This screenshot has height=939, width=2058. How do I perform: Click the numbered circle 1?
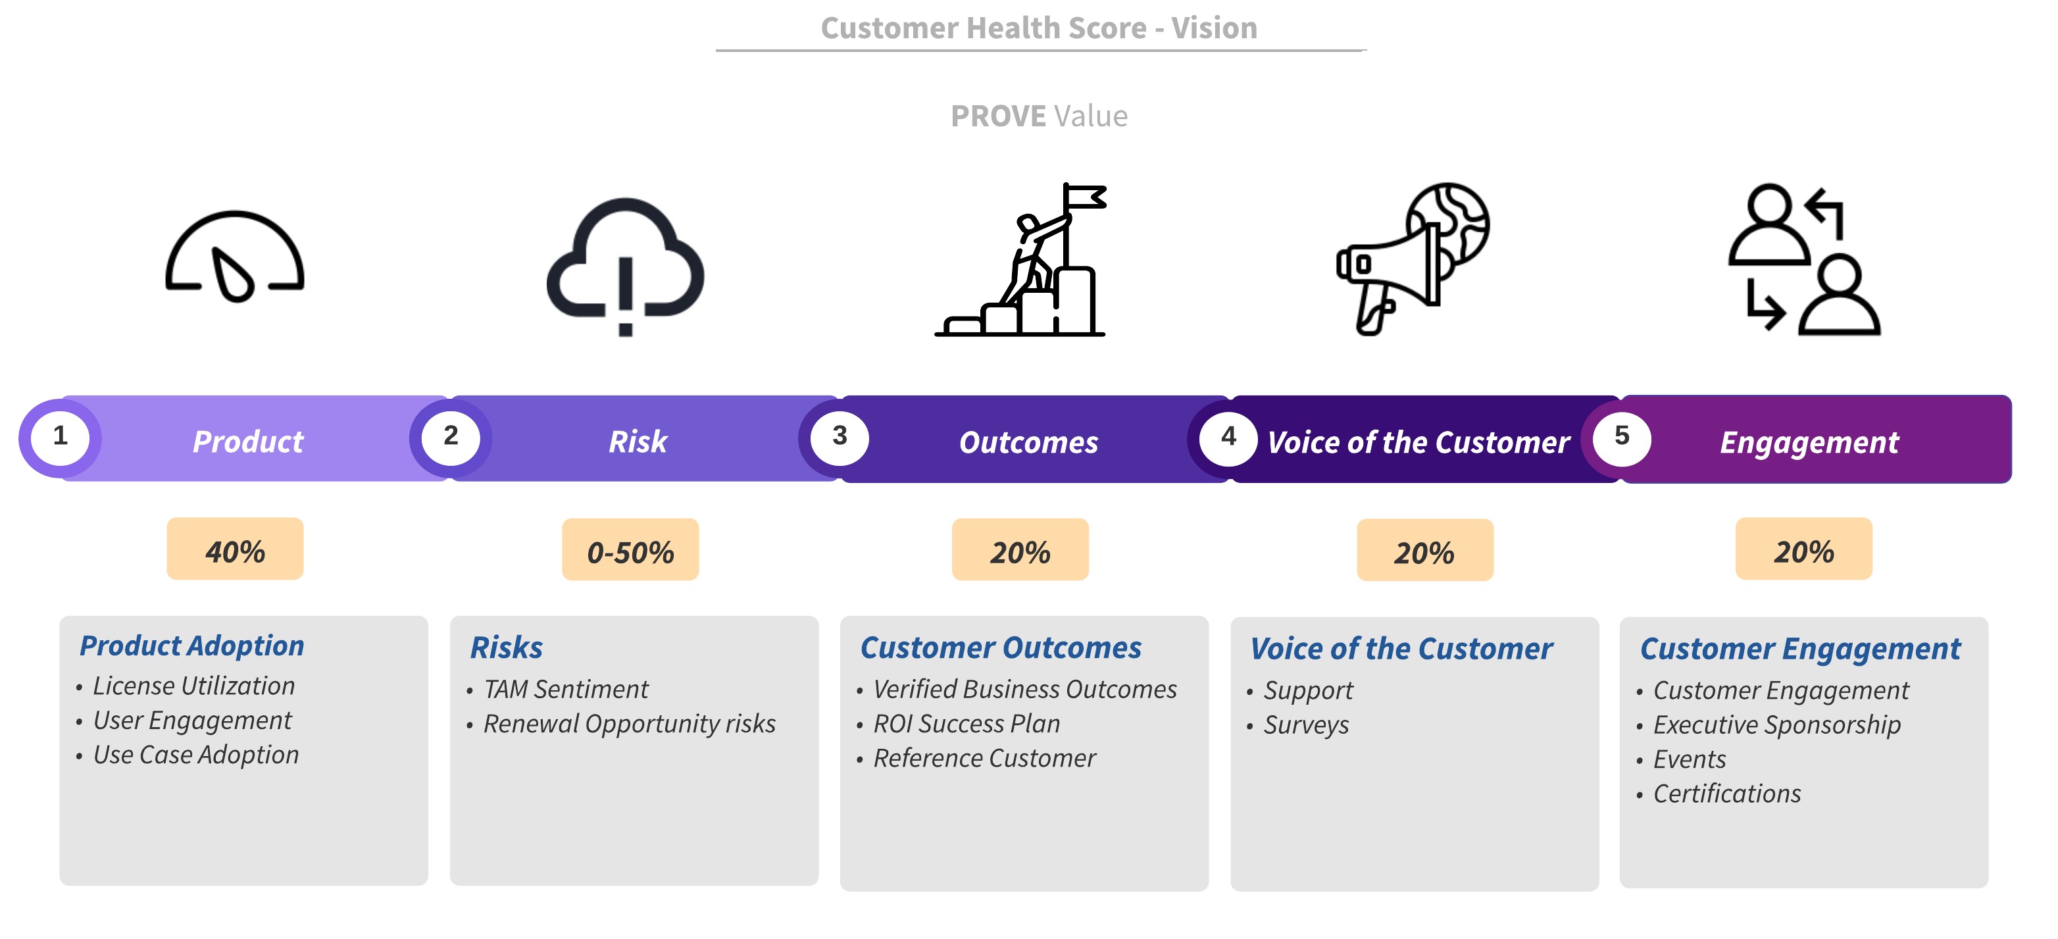[x=60, y=436]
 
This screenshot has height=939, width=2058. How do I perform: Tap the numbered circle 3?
[x=839, y=436]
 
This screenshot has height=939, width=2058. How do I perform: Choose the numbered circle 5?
[x=1621, y=436]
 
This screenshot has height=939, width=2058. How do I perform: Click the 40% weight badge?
[x=235, y=550]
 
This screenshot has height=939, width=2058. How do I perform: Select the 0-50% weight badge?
[x=630, y=551]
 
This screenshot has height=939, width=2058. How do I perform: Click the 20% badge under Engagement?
[x=1803, y=550]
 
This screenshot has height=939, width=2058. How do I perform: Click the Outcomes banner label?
[x=1028, y=443]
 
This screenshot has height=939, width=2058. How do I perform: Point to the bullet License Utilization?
[x=193, y=686]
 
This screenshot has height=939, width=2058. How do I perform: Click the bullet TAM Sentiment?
[x=566, y=689]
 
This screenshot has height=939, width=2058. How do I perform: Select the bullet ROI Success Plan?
[x=966, y=723]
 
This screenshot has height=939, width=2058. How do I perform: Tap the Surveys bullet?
[x=1305, y=725]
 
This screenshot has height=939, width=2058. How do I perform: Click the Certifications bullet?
[x=1726, y=794]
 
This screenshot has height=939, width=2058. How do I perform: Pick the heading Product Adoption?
[x=191, y=646]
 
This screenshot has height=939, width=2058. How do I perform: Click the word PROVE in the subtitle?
[x=998, y=116]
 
